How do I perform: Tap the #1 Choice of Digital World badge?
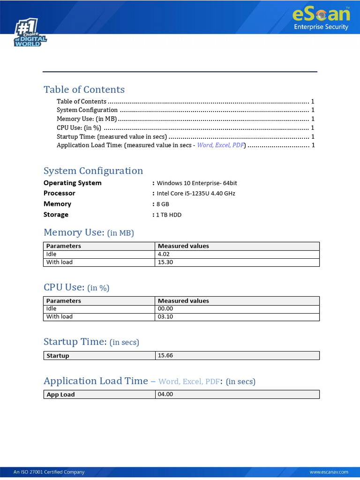click(x=30, y=33)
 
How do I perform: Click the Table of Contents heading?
click(x=84, y=90)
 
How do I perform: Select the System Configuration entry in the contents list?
click(x=87, y=110)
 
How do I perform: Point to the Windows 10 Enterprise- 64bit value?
click(x=194, y=183)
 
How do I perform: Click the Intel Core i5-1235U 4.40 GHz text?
click(x=196, y=194)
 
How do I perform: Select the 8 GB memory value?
click(x=163, y=204)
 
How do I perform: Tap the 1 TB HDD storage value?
click(x=169, y=215)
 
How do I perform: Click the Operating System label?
click(x=72, y=183)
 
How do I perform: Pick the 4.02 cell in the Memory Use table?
click(x=164, y=254)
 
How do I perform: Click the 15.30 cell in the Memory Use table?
click(x=165, y=262)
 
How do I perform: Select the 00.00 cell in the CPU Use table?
click(x=165, y=309)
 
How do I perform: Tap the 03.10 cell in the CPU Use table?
click(x=165, y=317)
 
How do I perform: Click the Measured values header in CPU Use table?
click(x=183, y=301)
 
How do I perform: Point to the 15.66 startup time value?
click(x=165, y=356)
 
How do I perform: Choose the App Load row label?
click(x=60, y=395)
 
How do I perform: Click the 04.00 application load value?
click(x=165, y=395)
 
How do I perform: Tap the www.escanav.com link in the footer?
click(x=329, y=472)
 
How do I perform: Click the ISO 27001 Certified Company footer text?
click(x=49, y=472)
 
